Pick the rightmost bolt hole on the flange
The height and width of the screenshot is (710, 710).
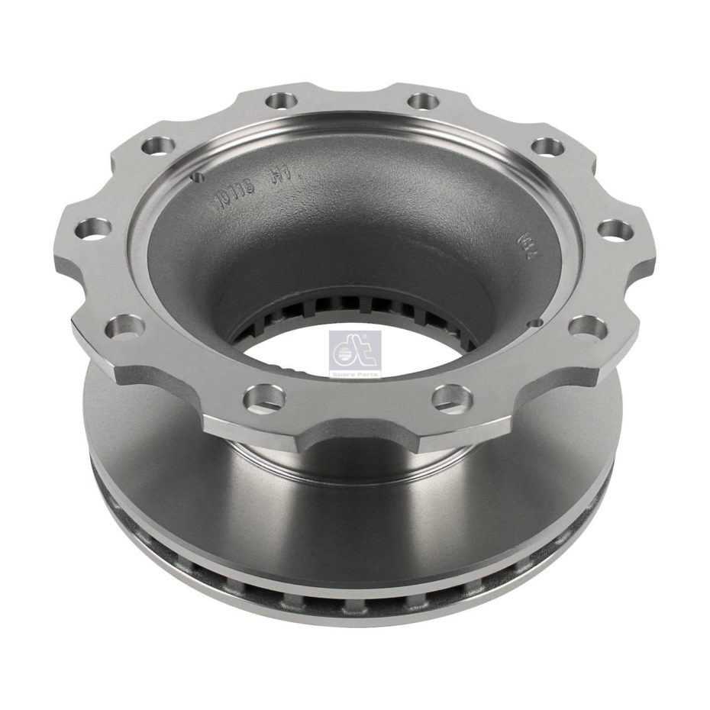pos(616,228)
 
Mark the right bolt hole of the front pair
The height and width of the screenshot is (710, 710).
pos(450,396)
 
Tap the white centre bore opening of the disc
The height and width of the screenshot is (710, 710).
pos(351,359)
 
